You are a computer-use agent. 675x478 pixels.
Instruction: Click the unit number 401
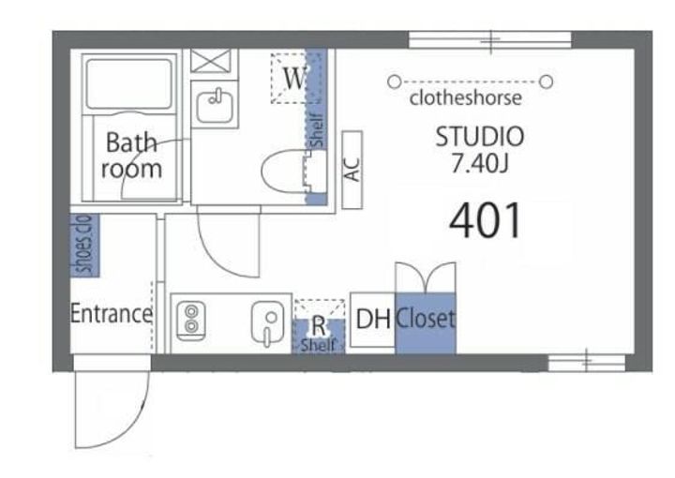(486, 220)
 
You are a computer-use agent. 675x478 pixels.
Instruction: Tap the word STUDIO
(480, 137)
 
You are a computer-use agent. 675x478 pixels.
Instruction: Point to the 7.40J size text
(480, 163)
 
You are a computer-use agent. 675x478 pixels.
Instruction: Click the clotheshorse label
(465, 98)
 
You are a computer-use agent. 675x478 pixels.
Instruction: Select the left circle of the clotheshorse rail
(394, 82)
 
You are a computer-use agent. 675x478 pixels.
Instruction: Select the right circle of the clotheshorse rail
(546, 82)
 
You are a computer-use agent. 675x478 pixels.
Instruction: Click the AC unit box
(352, 170)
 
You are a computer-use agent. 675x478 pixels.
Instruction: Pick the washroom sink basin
(215, 106)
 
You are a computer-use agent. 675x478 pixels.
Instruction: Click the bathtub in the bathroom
(128, 84)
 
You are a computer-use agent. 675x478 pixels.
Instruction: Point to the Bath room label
(131, 156)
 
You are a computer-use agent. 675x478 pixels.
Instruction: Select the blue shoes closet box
(84, 246)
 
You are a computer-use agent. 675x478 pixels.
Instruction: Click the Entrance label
(112, 314)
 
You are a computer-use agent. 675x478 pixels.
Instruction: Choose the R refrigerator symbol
(319, 326)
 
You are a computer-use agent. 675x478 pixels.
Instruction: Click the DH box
(372, 320)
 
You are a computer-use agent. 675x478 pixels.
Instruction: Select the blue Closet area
(426, 323)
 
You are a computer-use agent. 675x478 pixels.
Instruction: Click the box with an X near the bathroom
(211, 61)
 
